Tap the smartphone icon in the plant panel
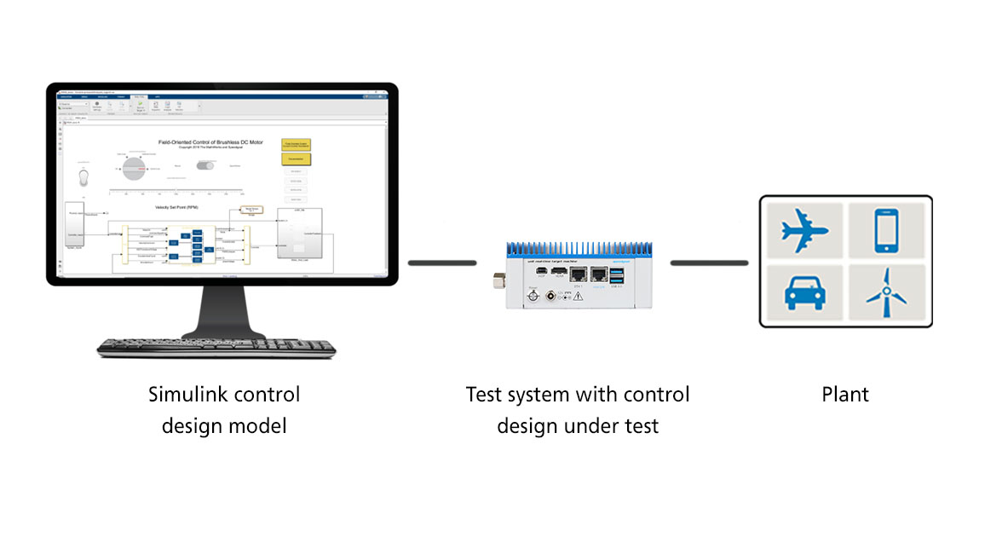(887, 231)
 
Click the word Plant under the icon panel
(845, 395)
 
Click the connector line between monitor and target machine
(442, 263)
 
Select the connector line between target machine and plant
(709, 263)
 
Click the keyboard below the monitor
(216, 347)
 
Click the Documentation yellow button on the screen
(296, 159)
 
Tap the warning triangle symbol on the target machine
(578, 296)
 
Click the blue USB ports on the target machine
(617, 275)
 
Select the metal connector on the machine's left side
(498, 280)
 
